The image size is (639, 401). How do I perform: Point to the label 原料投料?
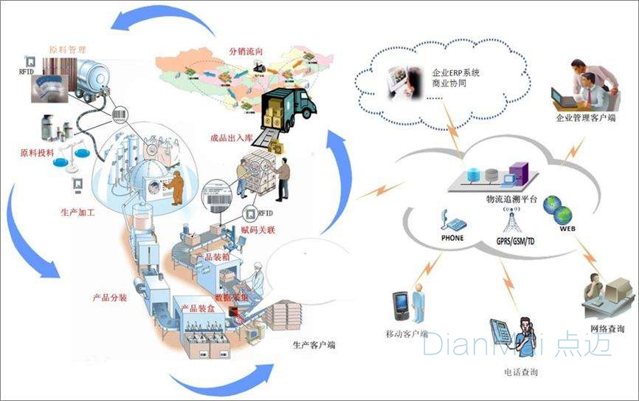pyautogui.click(x=38, y=154)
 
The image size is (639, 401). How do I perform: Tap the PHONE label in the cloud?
pyautogui.click(x=452, y=239)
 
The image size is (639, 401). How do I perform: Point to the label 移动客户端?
pyautogui.click(x=407, y=334)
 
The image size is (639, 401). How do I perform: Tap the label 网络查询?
pyautogui.click(x=607, y=329)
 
